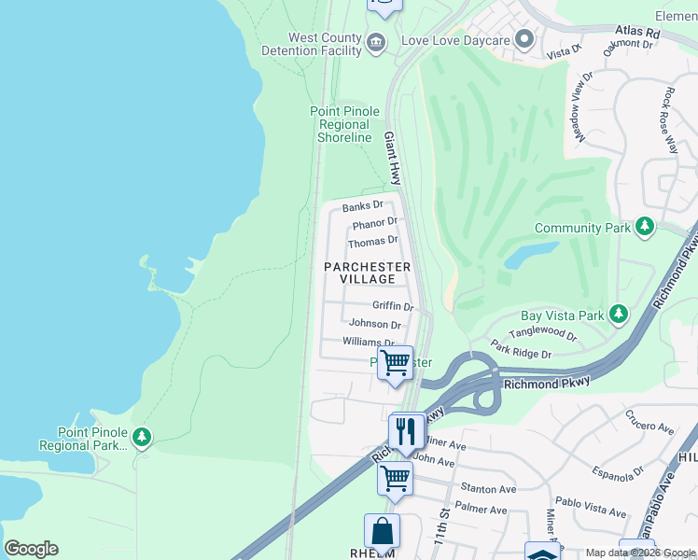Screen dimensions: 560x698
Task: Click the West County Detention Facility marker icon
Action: [x=375, y=41]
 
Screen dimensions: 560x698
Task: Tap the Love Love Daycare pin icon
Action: [x=524, y=40]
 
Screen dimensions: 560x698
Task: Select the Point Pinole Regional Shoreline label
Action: [x=344, y=124]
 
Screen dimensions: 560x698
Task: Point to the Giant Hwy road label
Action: [x=394, y=157]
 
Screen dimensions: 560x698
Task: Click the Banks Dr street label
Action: [x=362, y=206]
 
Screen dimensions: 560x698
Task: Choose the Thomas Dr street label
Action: [x=372, y=242]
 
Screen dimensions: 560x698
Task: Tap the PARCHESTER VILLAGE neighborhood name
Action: [x=367, y=273]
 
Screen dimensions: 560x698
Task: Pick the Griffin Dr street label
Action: [x=392, y=305]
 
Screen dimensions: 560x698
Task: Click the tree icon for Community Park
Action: [x=644, y=227]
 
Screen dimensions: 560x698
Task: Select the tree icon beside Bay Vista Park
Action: [x=617, y=315]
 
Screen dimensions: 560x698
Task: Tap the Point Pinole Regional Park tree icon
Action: [x=141, y=437]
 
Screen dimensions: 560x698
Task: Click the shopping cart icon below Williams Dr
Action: [x=395, y=361]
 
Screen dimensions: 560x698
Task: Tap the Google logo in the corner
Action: [x=31, y=549]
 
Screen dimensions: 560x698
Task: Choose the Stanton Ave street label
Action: [x=489, y=489]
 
